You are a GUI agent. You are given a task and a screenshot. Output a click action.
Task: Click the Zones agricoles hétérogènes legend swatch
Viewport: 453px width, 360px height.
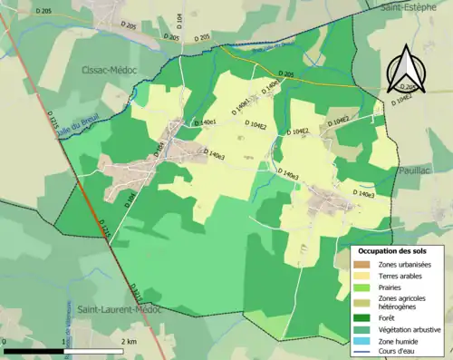362,301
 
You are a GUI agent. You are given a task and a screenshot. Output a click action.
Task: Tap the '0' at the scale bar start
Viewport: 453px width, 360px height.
6,341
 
